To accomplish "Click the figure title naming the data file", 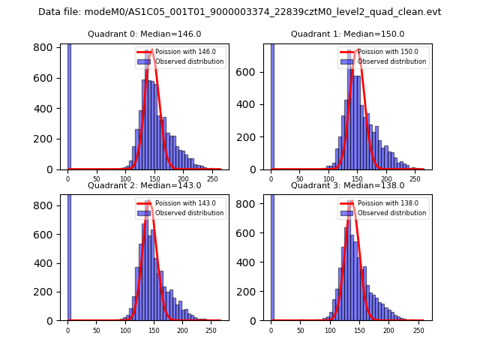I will pyautogui.click(x=239, y=12).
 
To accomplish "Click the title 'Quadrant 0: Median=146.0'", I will pyautogui.click(x=144, y=34).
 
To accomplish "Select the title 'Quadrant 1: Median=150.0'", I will pyautogui.click(x=347, y=34).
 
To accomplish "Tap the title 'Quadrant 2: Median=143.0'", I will pyautogui.click(x=144, y=185).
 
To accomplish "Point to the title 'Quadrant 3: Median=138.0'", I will pyautogui.click(x=347, y=185).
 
